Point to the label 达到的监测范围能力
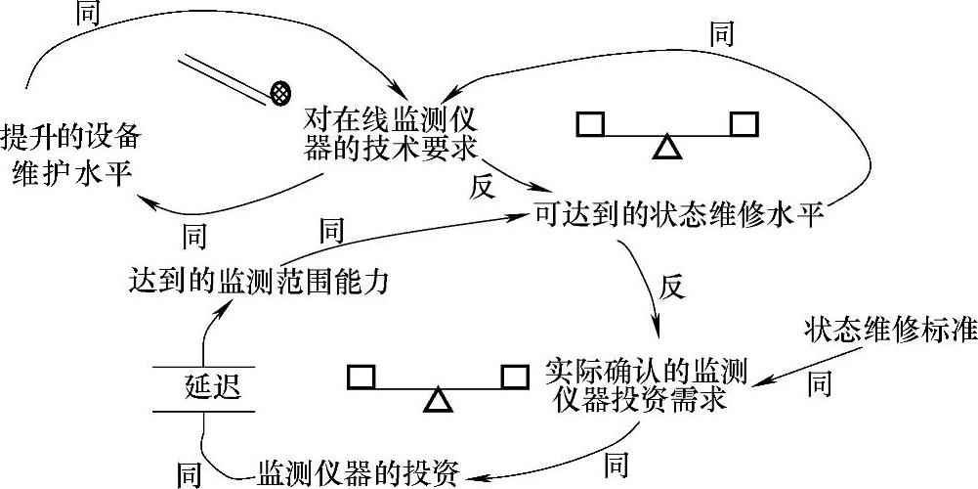click(x=259, y=281)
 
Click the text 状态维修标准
click(x=890, y=330)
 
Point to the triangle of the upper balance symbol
click(x=666, y=147)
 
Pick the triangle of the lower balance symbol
click(x=439, y=399)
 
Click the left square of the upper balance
click(x=590, y=124)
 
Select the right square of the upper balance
click(x=744, y=124)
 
